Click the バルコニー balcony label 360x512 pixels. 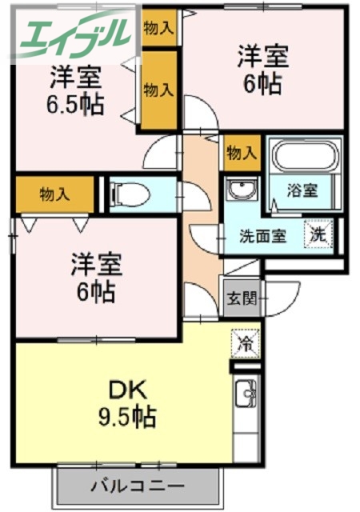pyautogui.click(x=137, y=485)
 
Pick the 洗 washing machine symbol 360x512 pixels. pyautogui.click(x=318, y=235)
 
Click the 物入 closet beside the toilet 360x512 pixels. pyautogui.click(x=54, y=194)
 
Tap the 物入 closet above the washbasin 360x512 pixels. pyautogui.click(x=241, y=152)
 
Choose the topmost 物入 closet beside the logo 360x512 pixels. pyautogui.click(x=158, y=29)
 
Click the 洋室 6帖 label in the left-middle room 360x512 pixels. pyautogui.click(x=93, y=276)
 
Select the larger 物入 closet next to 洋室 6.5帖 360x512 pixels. pyautogui.click(x=158, y=89)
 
